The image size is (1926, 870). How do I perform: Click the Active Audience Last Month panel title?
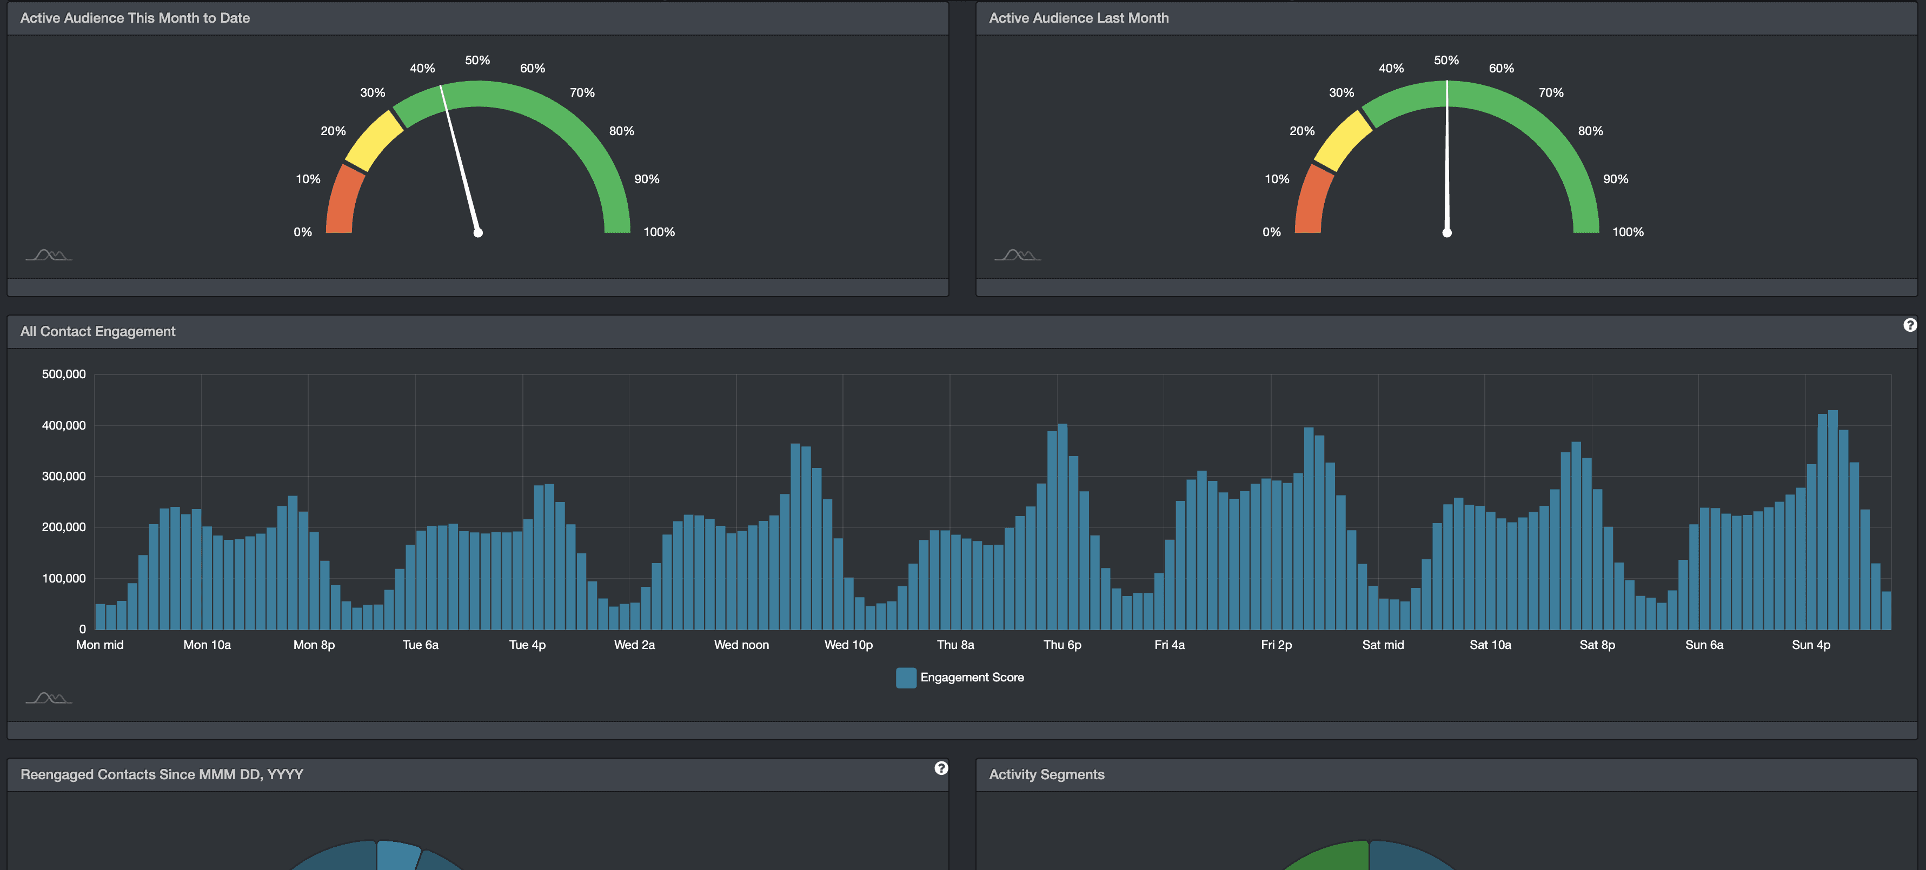(1078, 18)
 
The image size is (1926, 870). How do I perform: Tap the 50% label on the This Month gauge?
(477, 60)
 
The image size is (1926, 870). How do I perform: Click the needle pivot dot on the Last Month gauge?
(1447, 232)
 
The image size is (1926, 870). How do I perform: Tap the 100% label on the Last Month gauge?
(1628, 232)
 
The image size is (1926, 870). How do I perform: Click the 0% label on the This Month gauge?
(303, 232)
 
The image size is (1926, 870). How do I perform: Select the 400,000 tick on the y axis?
(64, 425)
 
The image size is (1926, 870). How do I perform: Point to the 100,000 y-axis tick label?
(64, 578)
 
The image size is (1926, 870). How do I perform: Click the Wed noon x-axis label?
(741, 644)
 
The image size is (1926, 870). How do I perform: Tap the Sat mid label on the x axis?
(1383, 644)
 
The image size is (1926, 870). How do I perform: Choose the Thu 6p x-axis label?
(1062, 644)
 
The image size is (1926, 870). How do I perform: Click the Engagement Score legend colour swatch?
(906, 677)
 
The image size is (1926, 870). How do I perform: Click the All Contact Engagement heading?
(98, 331)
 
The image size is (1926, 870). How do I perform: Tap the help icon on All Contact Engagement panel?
(1910, 324)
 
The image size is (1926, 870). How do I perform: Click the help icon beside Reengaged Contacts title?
(941, 768)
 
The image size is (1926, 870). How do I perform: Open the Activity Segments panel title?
(1046, 774)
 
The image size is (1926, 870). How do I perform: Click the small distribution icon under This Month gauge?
(49, 256)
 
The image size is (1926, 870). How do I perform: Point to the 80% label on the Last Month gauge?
(1590, 131)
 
